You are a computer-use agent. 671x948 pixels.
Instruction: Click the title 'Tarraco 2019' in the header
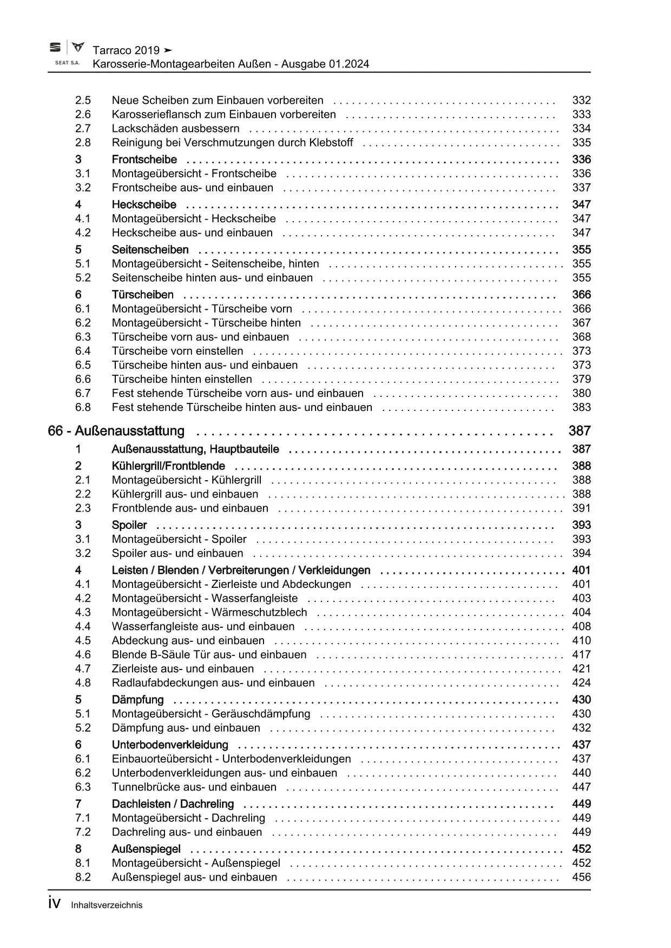click(x=126, y=50)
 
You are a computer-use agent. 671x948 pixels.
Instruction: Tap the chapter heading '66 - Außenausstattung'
click(x=116, y=431)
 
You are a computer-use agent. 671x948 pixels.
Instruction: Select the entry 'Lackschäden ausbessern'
click(x=175, y=129)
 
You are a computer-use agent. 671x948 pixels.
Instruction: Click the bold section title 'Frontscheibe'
click(x=144, y=160)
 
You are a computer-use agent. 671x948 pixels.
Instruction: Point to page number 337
click(x=581, y=188)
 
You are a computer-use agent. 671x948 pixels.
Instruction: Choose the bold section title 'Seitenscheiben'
click(x=150, y=250)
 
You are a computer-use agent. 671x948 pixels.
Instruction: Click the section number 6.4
click(x=83, y=351)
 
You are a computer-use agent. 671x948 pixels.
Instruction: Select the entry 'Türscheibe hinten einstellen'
click(x=182, y=379)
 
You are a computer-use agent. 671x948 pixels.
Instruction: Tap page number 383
click(x=581, y=407)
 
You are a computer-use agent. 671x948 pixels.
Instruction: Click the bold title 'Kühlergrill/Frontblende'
click(x=168, y=466)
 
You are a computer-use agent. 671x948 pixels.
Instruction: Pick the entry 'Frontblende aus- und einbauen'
click(x=190, y=508)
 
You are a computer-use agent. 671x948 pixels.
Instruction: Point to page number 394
click(x=581, y=553)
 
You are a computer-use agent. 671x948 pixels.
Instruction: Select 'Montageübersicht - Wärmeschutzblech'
click(x=209, y=612)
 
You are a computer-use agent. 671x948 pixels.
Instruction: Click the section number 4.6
click(x=83, y=654)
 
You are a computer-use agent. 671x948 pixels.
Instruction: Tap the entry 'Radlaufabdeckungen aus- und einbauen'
click(x=213, y=682)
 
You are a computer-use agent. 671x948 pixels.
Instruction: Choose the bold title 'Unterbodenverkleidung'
click(x=170, y=745)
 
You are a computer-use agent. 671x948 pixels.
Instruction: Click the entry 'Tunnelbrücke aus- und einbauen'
click(x=194, y=787)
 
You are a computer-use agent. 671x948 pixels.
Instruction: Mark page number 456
click(x=581, y=877)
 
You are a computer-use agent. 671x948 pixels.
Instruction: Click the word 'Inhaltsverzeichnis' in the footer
click(x=107, y=905)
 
